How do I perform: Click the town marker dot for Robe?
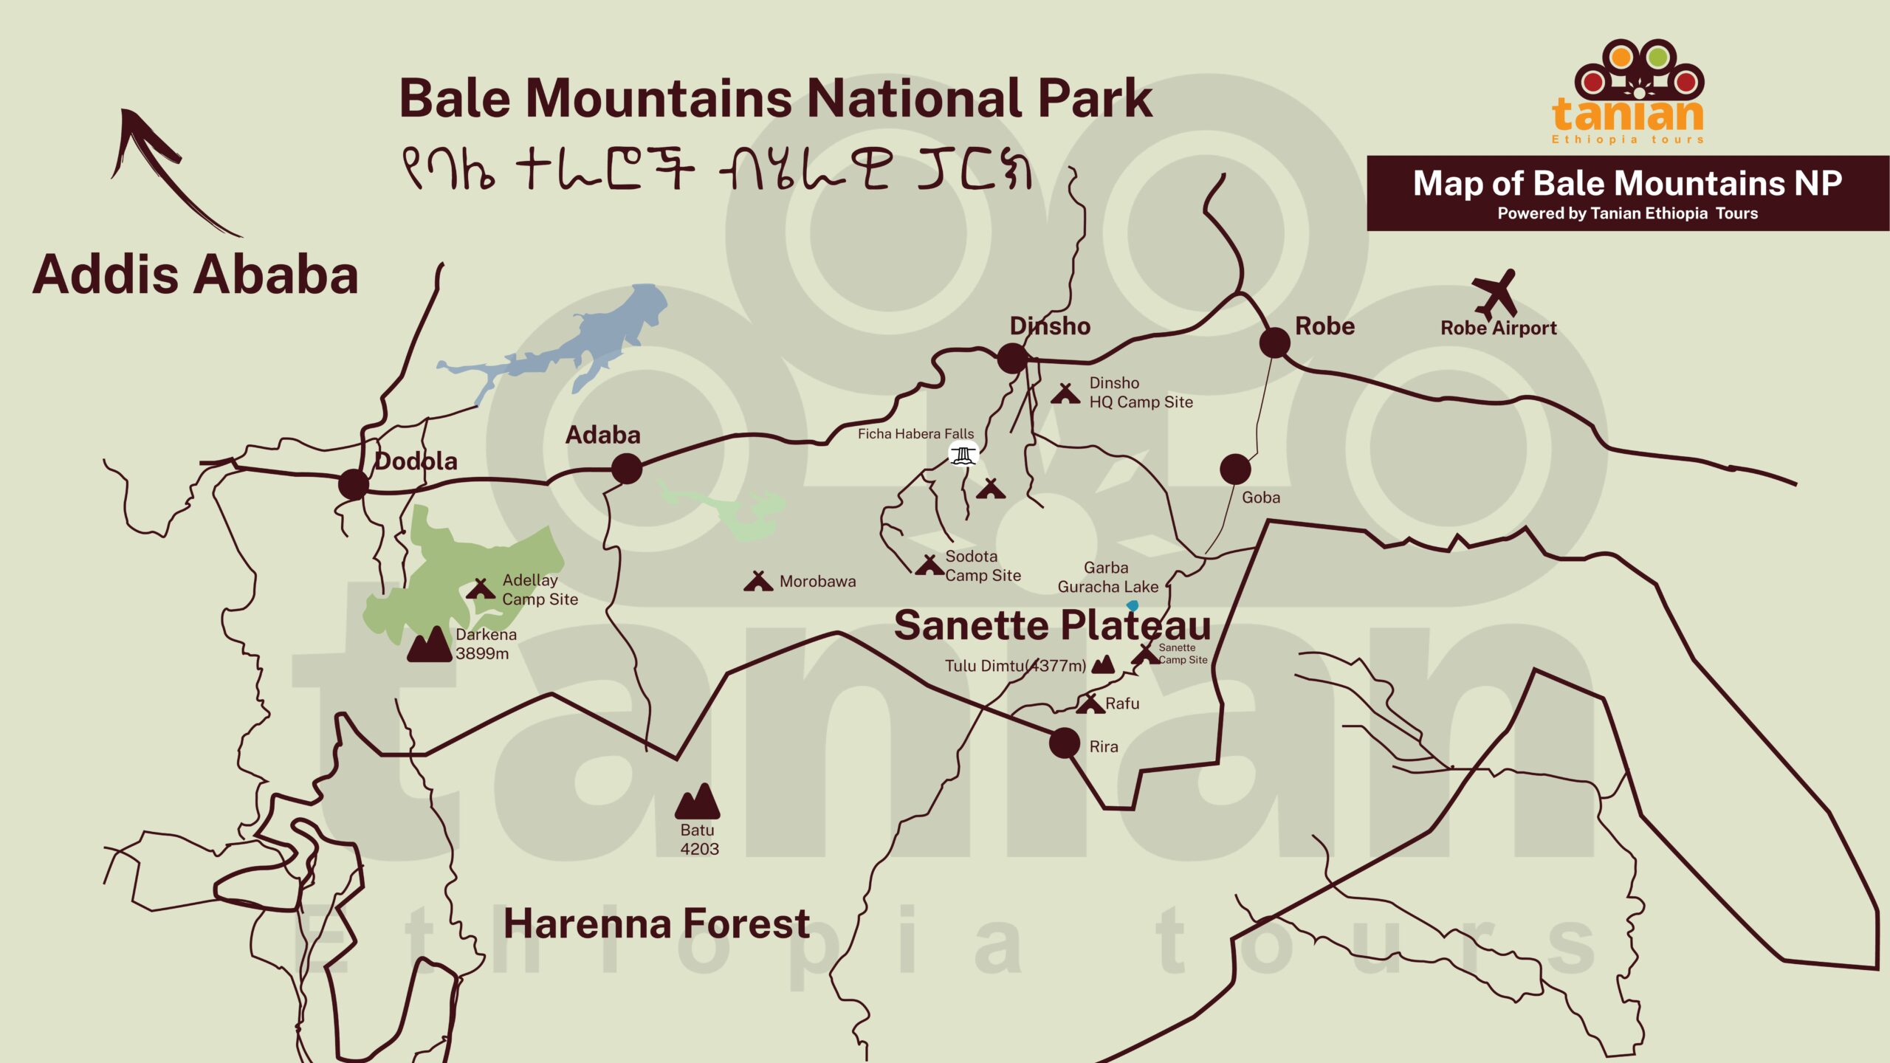click(x=1274, y=343)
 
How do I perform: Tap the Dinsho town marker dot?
click(x=1012, y=358)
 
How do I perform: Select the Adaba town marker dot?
click(x=627, y=469)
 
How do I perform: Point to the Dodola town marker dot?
click(x=354, y=485)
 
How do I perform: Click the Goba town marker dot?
click(x=1235, y=469)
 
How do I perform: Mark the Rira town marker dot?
click(x=1064, y=743)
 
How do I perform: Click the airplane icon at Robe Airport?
click(x=1495, y=294)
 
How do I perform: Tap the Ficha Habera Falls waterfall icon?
click(x=963, y=454)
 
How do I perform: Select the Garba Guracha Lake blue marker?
click(x=1133, y=606)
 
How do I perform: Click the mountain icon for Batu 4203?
click(x=697, y=802)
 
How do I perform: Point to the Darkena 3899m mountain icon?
click(x=429, y=645)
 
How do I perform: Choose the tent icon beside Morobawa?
click(x=757, y=582)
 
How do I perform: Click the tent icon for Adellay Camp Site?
click(x=480, y=589)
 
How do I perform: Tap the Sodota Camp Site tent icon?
click(x=929, y=566)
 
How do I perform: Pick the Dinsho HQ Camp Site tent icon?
click(x=1065, y=393)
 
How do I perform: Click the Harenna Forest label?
click(x=656, y=923)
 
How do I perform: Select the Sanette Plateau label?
click(x=1052, y=626)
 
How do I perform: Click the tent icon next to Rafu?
click(x=1090, y=703)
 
